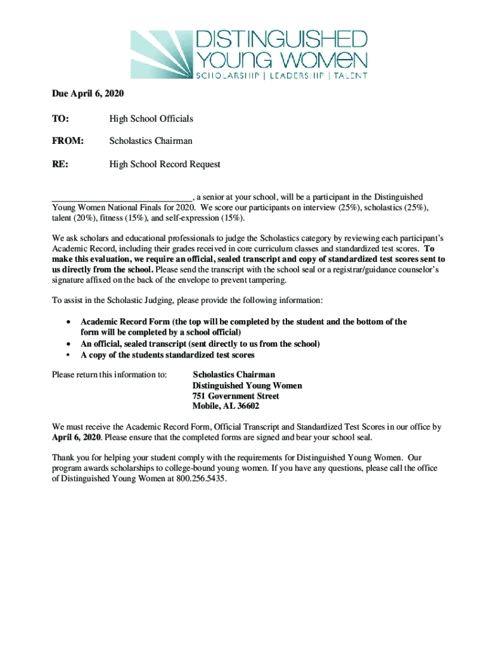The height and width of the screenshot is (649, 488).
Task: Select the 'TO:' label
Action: [x=61, y=119]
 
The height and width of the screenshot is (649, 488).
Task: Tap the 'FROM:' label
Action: [x=68, y=141]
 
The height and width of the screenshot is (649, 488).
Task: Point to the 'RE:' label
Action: [x=61, y=164]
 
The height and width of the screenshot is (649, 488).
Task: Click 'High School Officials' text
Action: [x=151, y=119]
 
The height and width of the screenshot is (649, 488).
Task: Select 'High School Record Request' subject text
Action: [x=165, y=164]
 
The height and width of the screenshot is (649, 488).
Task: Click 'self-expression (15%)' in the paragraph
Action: [x=207, y=218]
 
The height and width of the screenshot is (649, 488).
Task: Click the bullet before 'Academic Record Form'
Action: [x=67, y=323]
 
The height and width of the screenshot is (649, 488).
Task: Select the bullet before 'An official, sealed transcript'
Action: [x=67, y=344]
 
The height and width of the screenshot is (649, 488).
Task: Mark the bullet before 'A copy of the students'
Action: [x=67, y=355]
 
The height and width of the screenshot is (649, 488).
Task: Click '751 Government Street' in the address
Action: [x=236, y=396]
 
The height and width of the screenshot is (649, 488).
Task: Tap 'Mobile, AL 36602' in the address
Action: [x=226, y=406]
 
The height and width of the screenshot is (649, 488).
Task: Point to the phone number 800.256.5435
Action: [x=200, y=479]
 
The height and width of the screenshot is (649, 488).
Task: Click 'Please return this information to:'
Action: [x=109, y=375]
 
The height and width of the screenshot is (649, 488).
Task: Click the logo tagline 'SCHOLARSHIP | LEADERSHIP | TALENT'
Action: [x=282, y=76]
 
